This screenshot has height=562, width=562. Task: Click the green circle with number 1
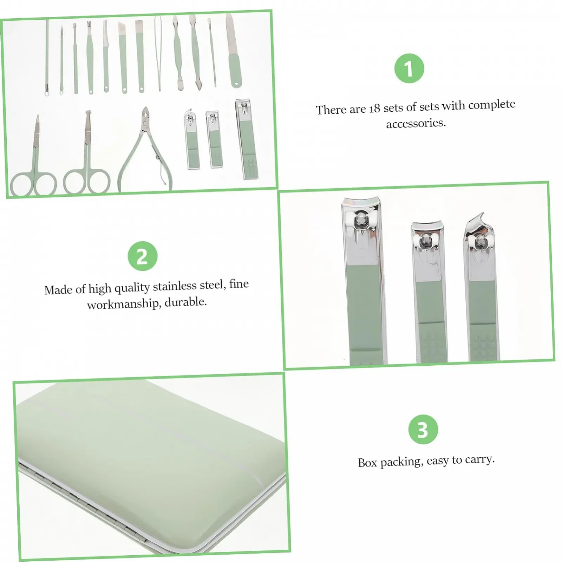tap(409, 68)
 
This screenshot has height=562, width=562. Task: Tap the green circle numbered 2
tap(143, 256)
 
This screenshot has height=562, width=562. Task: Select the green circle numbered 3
tap(423, 429)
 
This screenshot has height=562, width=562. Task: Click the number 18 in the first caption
tap(374, 109)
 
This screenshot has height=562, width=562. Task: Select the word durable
tap(186, 302)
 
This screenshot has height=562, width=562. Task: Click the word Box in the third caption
tap(367, 463)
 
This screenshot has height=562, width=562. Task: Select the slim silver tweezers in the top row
tap(158, 53)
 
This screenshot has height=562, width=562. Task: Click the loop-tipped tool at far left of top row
tap(47, 58)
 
